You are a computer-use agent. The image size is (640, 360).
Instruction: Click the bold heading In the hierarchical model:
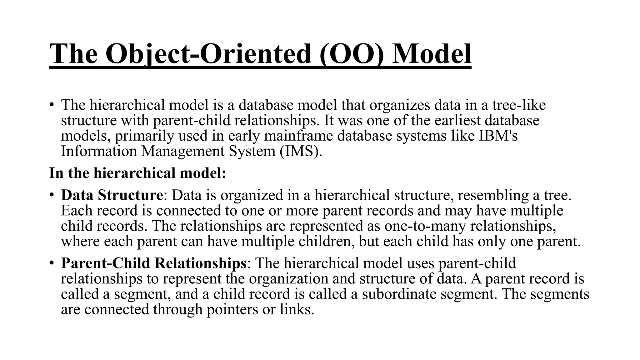point(137,173)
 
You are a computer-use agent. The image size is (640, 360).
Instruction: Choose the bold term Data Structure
point(112,195)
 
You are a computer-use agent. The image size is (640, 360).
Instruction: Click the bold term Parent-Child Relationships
point(154,263)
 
